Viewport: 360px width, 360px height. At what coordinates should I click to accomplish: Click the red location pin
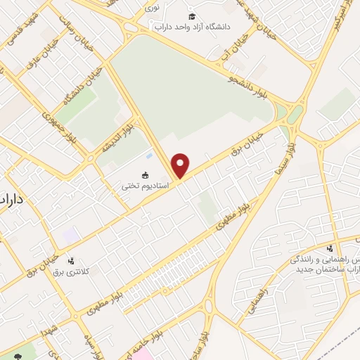[181, 165]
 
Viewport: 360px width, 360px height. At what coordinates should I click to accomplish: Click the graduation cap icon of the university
[192, 16]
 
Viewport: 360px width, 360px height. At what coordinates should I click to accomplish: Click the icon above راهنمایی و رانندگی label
[330, 248]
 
